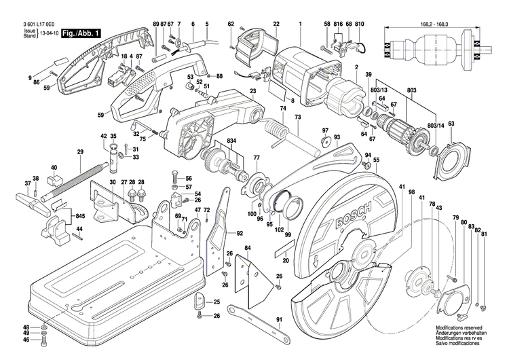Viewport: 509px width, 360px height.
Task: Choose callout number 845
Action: pyautogui.click(x=81, y=216)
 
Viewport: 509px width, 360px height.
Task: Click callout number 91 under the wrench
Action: pyautogui.click(x=279, y=320)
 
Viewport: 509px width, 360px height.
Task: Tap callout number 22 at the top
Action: pyautogui.click(x=276, y=24)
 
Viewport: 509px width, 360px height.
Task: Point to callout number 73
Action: pyautogui.click(x=297, y=118)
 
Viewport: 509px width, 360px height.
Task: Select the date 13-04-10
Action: pyautogui.click(x=48, y=33)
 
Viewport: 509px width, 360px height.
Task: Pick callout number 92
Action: pyautogui.click(x=240, y=233)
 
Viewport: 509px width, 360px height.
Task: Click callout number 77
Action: pyautogui.click(x=256, y=158)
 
